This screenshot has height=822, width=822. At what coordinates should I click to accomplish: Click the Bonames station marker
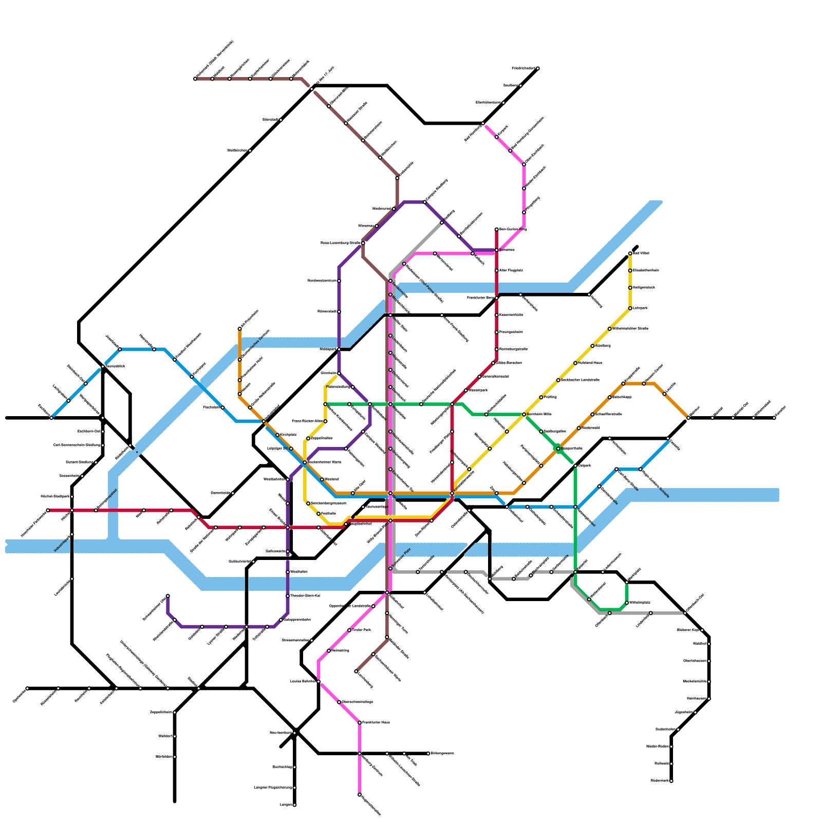497,250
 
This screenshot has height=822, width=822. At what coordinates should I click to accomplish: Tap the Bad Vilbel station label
642,253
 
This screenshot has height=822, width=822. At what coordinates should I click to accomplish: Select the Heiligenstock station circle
630,288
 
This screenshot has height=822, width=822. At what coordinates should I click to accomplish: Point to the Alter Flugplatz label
511,270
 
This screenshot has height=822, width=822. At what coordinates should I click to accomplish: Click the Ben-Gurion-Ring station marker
497,229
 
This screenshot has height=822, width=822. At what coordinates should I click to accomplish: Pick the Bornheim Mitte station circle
524,414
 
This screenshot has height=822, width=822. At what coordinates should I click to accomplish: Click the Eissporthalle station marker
558,449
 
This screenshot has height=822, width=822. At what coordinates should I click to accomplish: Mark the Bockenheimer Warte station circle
305,462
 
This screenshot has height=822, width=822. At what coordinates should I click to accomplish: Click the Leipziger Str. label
277,449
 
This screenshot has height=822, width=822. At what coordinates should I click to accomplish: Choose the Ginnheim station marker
339,373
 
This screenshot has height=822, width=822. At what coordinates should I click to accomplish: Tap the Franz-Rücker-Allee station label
307,421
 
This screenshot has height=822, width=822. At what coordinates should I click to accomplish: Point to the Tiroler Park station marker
349,630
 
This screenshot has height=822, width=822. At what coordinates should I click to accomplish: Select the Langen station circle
294,805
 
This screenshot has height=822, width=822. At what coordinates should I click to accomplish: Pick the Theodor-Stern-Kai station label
305,596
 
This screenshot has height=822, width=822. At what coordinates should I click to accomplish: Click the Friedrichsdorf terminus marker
538,68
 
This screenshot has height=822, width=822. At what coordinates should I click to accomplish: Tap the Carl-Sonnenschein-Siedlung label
77,445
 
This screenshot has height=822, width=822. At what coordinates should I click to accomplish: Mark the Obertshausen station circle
709,661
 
